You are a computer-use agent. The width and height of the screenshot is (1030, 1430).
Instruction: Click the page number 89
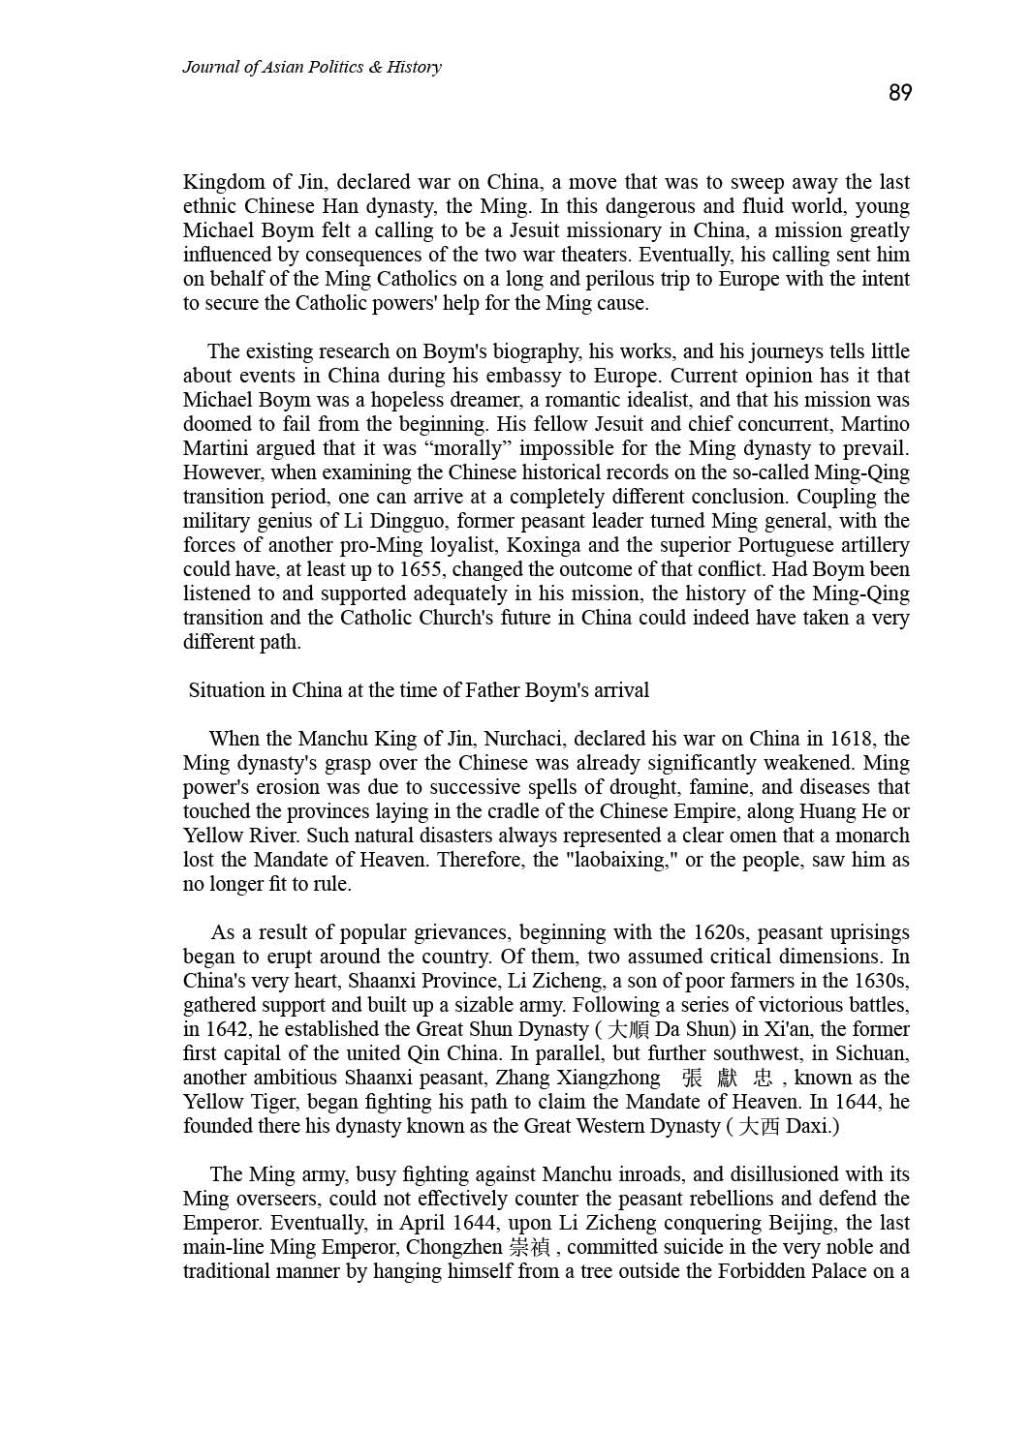point(899,93)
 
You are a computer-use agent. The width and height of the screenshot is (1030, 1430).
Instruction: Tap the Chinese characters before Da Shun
point(630,1029)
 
